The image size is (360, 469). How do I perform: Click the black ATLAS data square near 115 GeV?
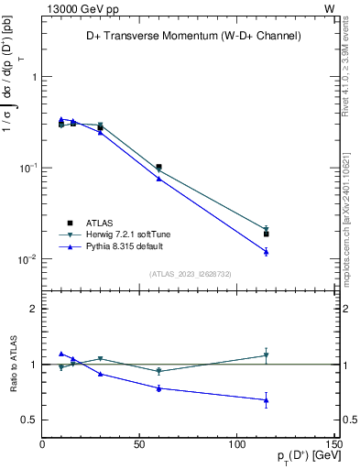pos(267,234)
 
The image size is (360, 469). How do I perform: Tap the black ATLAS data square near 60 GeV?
pos(158,168)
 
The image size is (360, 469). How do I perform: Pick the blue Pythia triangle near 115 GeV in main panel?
pos(267,251)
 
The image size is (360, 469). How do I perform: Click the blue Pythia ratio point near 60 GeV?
pos(158,387)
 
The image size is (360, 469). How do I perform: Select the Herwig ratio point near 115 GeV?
pos(267,355)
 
